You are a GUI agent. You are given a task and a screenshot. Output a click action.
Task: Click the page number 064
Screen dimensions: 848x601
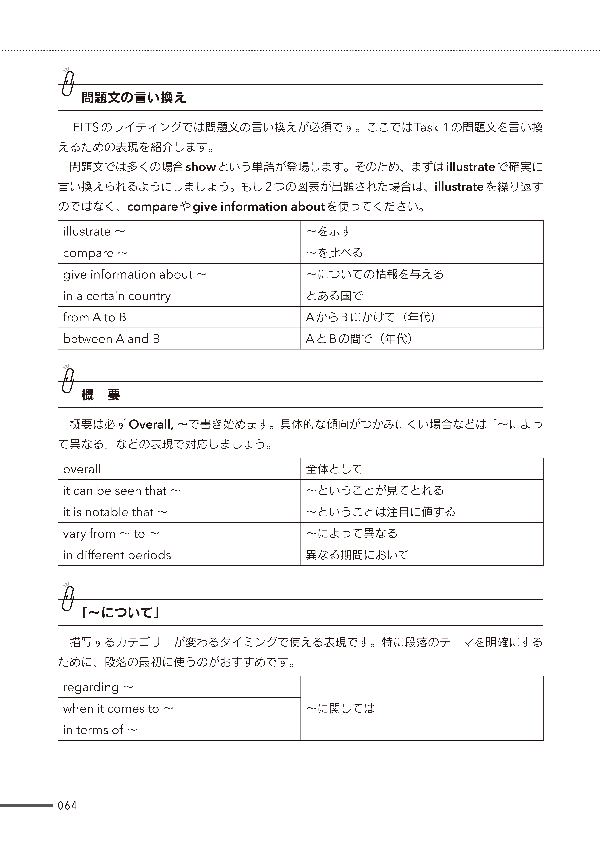67,805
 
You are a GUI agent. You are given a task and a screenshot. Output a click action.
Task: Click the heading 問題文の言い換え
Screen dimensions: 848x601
133,98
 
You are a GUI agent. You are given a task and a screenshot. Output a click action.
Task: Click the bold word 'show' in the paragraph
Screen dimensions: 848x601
201,167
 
